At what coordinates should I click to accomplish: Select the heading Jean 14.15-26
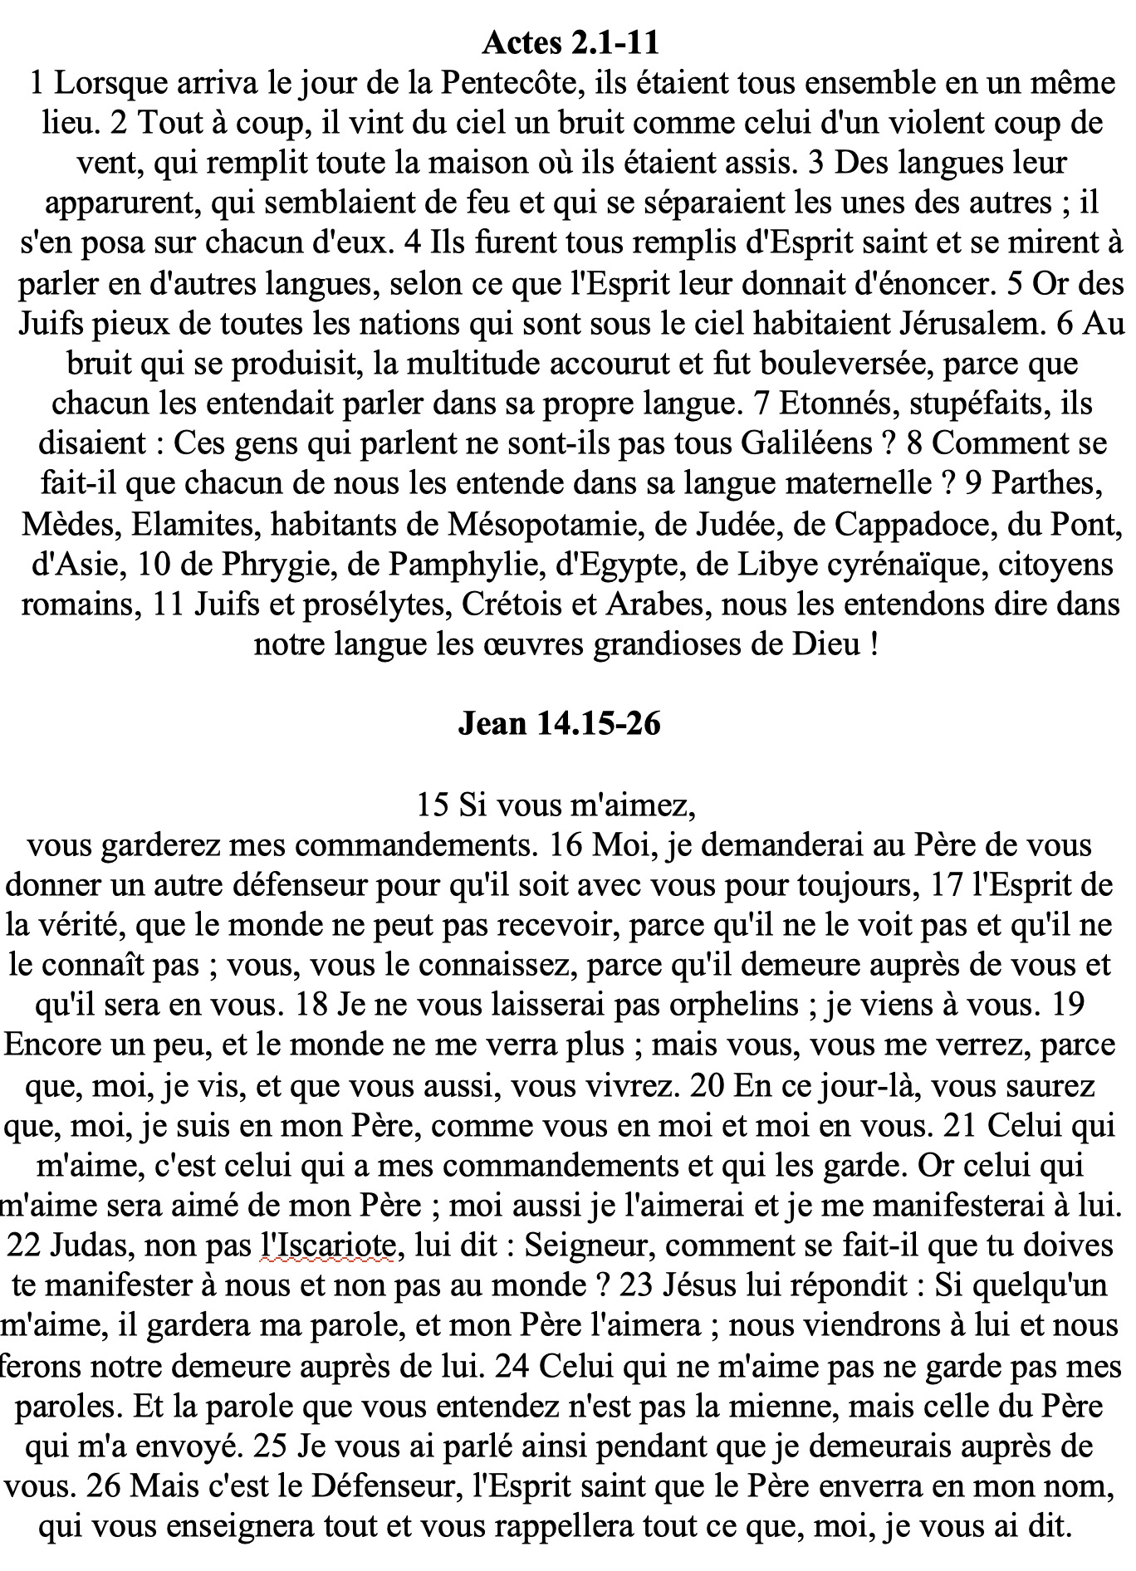(559, 723)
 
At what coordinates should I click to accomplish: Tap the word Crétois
(511, 604)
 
